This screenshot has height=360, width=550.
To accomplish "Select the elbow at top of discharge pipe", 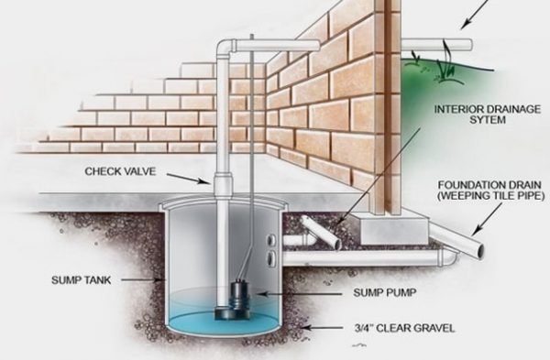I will [225, 47].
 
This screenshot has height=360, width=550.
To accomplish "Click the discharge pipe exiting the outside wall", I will [431, 42].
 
